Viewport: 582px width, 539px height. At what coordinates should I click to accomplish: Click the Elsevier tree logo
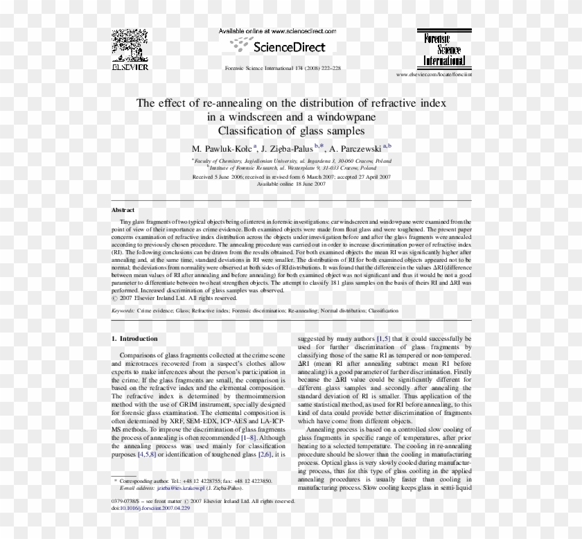click(132, 47)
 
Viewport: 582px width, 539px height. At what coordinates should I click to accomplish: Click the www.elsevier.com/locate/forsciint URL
click(434, 73)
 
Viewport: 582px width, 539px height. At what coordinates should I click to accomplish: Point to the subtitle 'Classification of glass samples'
click(291, 130)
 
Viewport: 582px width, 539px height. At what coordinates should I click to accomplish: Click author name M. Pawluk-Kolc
click(222, 148)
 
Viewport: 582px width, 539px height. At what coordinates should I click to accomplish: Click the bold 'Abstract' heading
click(123, 209)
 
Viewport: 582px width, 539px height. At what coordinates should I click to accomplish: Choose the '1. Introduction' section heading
click(134, 339)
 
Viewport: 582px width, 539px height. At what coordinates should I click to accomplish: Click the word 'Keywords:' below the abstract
click(123, 311)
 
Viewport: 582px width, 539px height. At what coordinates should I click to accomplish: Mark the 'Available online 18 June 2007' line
click(291, 184)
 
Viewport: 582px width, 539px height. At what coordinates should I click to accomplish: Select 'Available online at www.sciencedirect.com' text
click(277, 32)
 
